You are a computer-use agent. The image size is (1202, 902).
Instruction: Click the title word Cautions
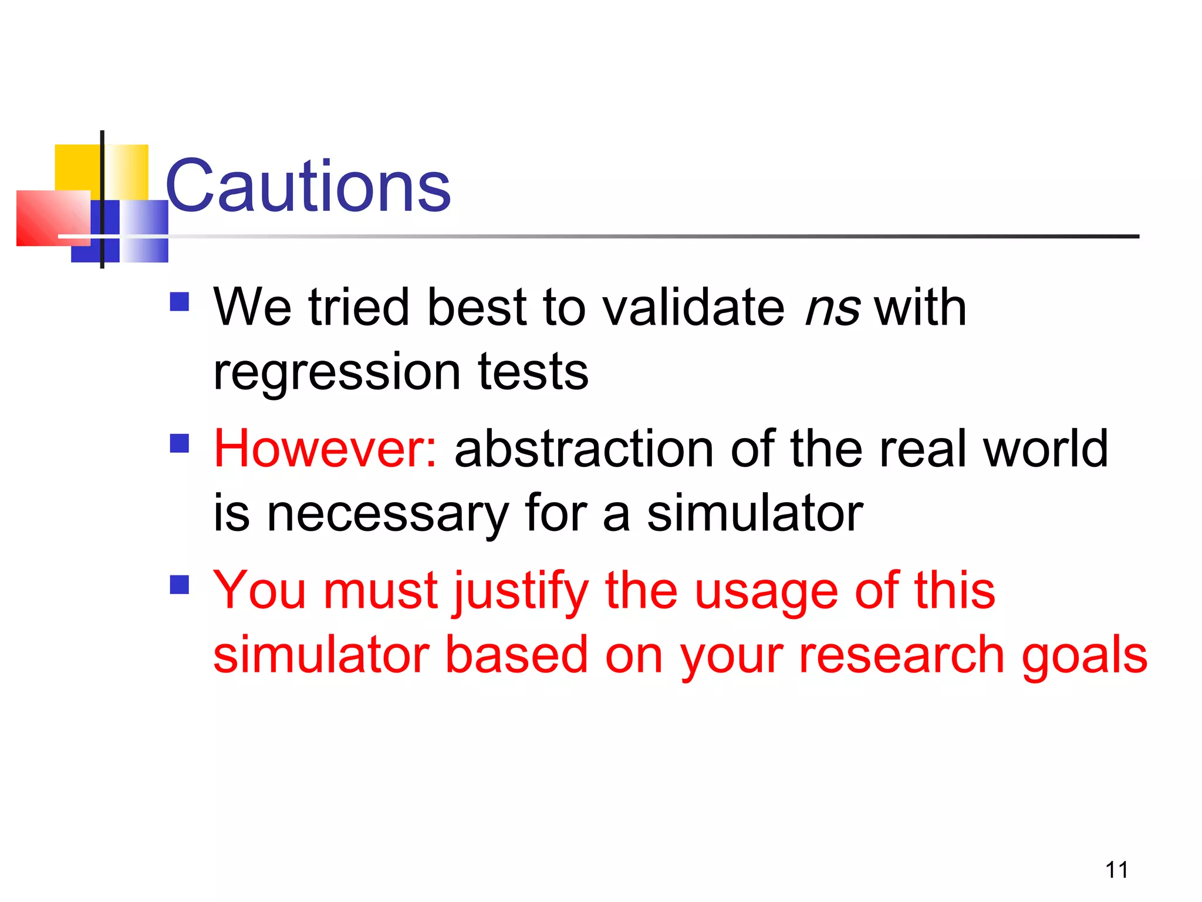pyautogui.click(x=308, y=187)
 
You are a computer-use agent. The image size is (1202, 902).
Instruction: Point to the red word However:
pyautogui.click(x=325, y=449)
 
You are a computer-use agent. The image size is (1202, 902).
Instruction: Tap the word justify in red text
pyautogui.click(x=520, y=592)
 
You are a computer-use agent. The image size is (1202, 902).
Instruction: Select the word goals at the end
pyautogui.click(x=1084, y=657)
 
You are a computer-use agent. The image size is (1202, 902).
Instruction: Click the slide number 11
pyautogui.click(x=1116, y=870)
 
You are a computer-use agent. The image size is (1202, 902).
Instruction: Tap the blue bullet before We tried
pyautogui.click(x=180, y=302)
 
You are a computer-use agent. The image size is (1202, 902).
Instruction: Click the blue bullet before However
pyautogui.click(x=180, y=443)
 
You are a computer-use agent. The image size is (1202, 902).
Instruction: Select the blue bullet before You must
pyautogui.click(x=180, y=585)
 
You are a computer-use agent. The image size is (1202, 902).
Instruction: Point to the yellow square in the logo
pyautogui.click(x=76, y=167)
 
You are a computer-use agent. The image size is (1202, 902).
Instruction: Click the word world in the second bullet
pyautogui.click(x=1045, y=449)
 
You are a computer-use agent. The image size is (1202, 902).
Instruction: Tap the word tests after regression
pyautogui.click(x=532, y=372)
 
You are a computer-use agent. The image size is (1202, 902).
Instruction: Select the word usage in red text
pyautogui.click(x=765, y=592)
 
